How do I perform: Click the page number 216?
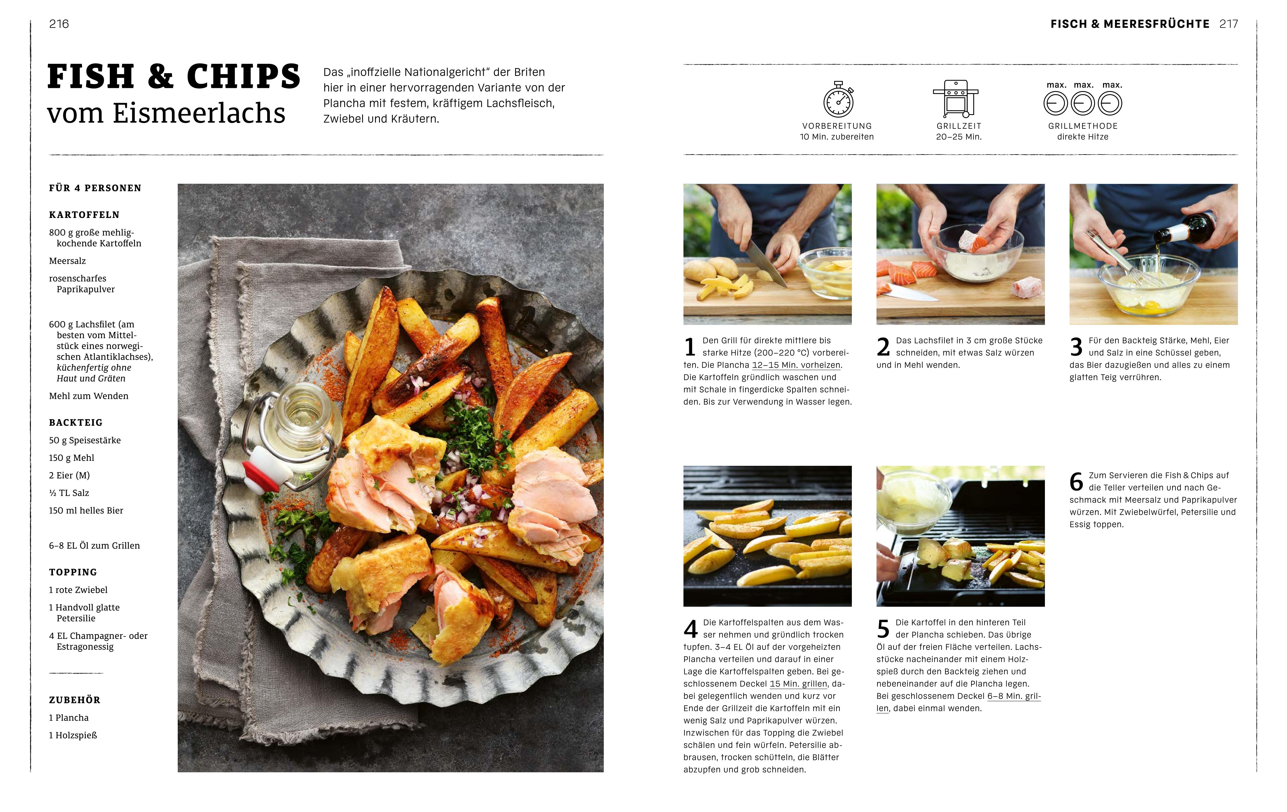59,24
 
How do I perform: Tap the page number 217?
1229,24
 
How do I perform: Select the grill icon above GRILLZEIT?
956,99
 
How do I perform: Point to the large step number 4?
690,629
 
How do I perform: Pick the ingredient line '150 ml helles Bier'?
86,510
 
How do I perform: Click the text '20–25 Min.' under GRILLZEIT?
959,137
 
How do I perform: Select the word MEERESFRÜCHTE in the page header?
1156,24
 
